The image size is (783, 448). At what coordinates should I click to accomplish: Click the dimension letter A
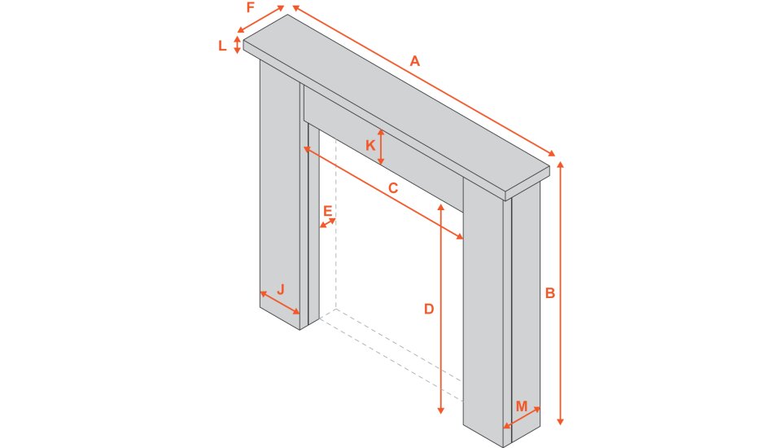point(415,61)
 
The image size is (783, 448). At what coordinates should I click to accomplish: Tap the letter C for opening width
point(392,188)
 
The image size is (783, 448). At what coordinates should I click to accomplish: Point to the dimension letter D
point(428,309)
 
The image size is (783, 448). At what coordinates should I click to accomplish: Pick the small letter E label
point(327,211)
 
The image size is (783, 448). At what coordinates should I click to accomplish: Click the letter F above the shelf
point(251,7)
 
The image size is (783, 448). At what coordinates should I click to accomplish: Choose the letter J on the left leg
point(281,288)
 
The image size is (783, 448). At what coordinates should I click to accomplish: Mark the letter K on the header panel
point(370,145)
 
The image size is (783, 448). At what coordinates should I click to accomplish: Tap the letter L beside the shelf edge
point(222,46)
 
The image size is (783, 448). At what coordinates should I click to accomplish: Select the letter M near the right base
point(522,405)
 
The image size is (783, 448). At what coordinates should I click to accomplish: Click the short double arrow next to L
point(238,44)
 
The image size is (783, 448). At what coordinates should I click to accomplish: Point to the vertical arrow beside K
point(381,147)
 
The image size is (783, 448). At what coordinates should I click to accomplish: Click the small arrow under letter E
point(327,222)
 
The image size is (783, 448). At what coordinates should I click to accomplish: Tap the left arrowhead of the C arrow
point(307,149)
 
